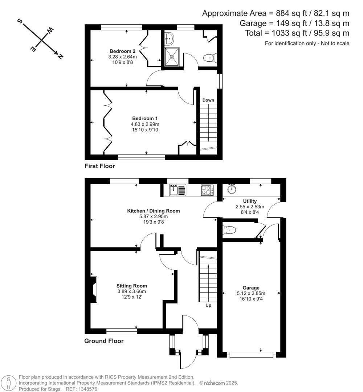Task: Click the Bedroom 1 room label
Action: coord(144,118)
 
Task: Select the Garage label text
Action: coord(252,288)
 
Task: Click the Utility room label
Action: coord(250,201)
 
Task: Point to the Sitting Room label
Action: coord(131,286)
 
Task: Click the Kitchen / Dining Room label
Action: coord(153,211)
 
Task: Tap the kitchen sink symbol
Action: coord(178,190)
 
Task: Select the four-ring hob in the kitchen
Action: coord(207,190)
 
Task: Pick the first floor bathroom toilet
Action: coord(209,58)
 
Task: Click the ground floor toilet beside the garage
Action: coord(229,230)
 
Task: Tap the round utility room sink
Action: coord(232,189)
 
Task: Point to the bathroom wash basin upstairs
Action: coord(169,37)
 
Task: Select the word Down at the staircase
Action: coord(208,100)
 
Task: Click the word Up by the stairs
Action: coord(208,305)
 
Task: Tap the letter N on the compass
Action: coord(60,56)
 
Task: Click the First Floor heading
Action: coord(99,166)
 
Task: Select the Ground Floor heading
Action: coord(104,341)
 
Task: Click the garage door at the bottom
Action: coord(251,355)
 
